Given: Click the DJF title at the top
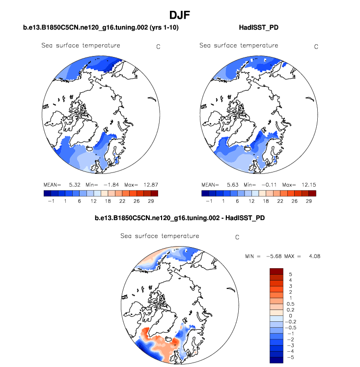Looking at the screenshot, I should (180, 15).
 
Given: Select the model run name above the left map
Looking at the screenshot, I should (101, 28).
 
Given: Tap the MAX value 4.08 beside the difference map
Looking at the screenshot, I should (314, 256).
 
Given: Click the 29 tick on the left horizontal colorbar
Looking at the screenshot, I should (151, 201).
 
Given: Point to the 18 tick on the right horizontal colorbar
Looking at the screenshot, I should (268, 201).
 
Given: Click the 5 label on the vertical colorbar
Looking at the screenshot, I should (290, 273).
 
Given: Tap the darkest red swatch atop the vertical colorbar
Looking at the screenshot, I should (277, 271).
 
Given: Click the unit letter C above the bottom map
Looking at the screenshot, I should (237, 237).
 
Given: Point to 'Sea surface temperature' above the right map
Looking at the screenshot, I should (239, 46).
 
